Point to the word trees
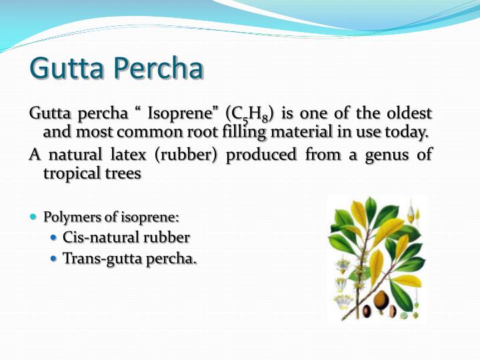pyautogui.click(x=121, y=173)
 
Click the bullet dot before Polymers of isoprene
pyautogui.click(x=33, y=217)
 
